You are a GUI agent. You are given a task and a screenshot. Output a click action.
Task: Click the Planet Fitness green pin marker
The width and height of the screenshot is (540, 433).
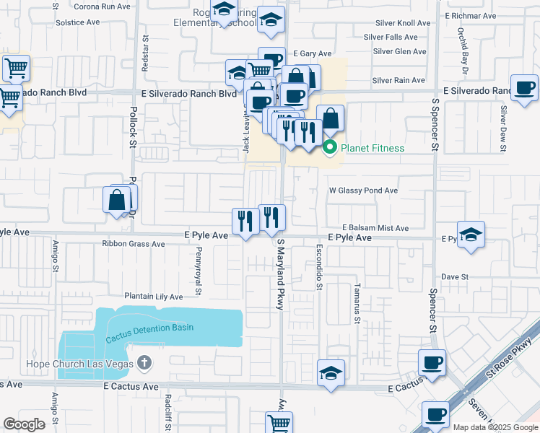(x=330, y=148)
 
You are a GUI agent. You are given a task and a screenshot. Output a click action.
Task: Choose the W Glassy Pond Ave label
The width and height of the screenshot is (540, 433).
(x=363, y=191)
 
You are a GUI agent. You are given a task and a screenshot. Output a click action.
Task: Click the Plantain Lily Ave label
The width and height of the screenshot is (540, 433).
(x=153, y=296)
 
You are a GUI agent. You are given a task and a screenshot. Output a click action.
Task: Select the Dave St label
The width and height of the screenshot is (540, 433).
(x=455, y=276)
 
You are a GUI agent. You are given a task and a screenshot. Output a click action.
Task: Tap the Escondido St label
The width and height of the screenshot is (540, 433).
(x=318, y=266)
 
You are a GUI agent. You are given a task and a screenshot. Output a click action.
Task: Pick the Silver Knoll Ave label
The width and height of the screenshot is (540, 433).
(x=401, y=23)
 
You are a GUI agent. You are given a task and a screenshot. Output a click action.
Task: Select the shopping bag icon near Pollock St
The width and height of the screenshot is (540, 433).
(x=116, y=199)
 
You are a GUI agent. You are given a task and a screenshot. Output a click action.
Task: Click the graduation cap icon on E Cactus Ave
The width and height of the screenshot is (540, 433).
(x=331, y=372)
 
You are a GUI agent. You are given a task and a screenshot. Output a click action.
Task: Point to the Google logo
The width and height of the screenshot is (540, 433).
(x=24, y=424)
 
